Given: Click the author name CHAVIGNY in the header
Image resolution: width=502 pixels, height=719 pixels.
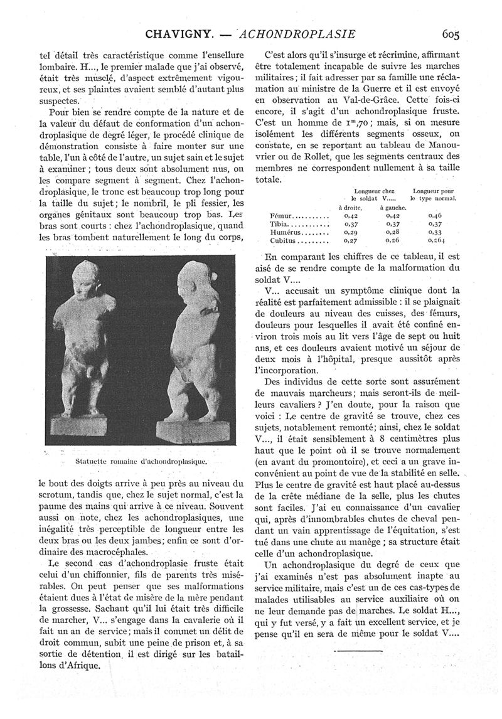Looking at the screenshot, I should coord(183,34).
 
